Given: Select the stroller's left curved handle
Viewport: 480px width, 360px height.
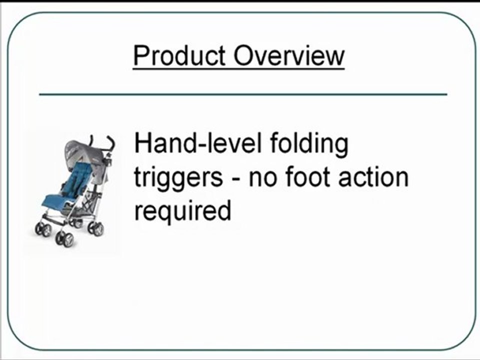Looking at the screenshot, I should [x=91, y=141].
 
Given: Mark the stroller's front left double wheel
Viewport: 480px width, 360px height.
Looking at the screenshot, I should [x=42, y=229].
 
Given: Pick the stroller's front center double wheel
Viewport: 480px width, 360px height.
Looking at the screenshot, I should [x=64, y=238].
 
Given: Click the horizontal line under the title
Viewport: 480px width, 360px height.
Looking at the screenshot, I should [x=243, y=94].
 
